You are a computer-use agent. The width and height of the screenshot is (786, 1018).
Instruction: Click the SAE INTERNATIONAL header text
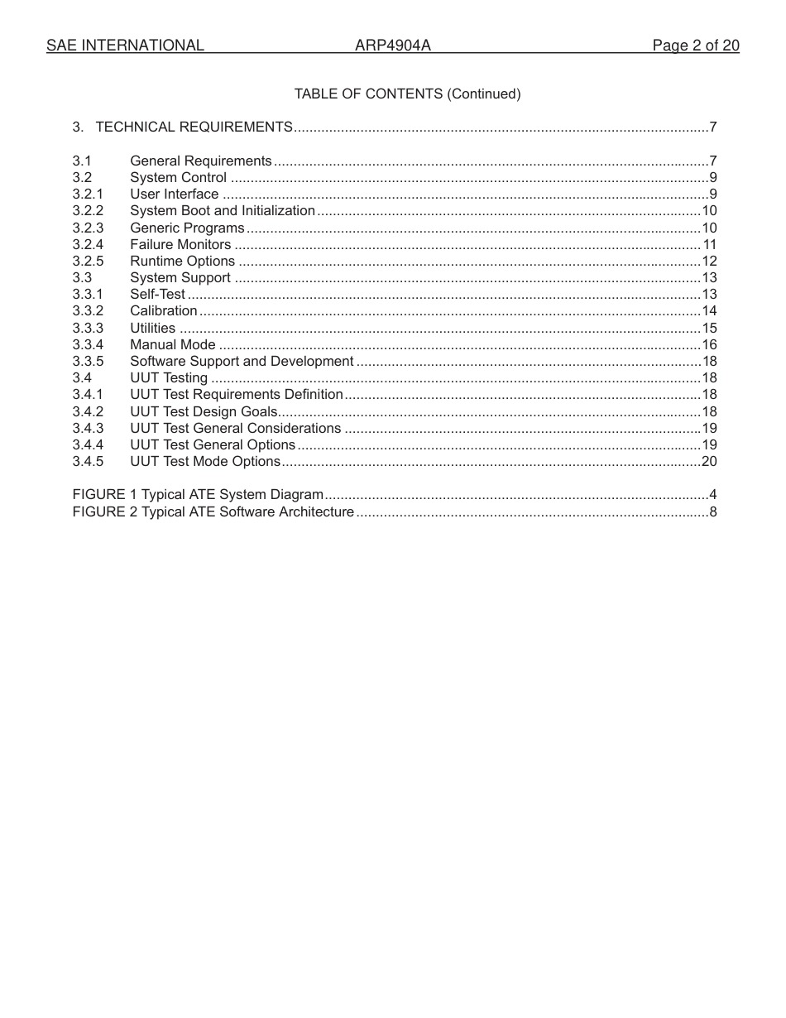tap(125, 46)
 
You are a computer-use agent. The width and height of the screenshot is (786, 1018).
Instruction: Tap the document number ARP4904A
tap(393, 46)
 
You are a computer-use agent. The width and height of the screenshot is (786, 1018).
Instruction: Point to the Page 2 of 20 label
tap(695, 46)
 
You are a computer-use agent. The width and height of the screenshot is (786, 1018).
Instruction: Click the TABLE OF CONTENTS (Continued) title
tap(407, 94)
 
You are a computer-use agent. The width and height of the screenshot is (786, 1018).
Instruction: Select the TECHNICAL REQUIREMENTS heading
tap(194, 127)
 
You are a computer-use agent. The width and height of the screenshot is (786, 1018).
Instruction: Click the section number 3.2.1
tap(88, 194)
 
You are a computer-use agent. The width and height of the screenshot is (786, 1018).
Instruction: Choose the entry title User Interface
tap(175, 194)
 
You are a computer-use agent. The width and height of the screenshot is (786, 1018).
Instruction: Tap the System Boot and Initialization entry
tap(223, 211)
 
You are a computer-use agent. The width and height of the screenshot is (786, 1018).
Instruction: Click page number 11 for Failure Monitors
tap(709, 245)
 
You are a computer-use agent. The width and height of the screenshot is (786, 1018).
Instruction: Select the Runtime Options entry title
tap(183, 262)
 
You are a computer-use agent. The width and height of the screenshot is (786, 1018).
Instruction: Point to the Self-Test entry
tap(157, 295)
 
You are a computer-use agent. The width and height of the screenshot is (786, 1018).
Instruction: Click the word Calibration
tap(164, 311)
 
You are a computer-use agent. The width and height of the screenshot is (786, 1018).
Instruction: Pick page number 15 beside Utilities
tap(709, 329)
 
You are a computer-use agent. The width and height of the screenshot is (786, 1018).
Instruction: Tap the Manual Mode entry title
tap(173, 345)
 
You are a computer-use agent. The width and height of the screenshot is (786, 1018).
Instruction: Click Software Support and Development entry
tap(242, 362)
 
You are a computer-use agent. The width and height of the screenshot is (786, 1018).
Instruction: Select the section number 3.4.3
tap(88, 428)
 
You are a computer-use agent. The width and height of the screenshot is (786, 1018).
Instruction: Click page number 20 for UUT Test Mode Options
tap(709, 462)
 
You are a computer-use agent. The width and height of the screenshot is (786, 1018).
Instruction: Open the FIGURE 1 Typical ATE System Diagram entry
tap(198, 495)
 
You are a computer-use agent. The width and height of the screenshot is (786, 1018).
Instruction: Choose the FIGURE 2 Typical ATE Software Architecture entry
tap(213, 511)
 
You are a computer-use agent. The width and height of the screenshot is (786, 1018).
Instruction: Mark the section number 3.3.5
tap(88, 362)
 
